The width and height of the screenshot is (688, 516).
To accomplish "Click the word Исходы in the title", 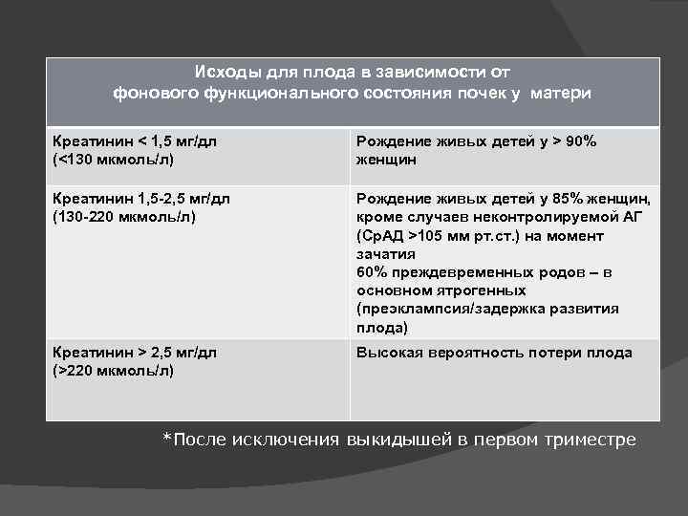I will (x=222, y=73).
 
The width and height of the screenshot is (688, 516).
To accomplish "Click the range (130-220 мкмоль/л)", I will (x=124, y=218).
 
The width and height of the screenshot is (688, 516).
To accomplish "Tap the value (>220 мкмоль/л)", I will (x=114, y=371).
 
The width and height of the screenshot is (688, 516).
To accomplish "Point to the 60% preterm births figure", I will (x=372, y=272).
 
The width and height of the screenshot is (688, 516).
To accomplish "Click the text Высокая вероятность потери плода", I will (x=494, y=353).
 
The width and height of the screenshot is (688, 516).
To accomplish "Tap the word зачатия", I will (x=385, y=254).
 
